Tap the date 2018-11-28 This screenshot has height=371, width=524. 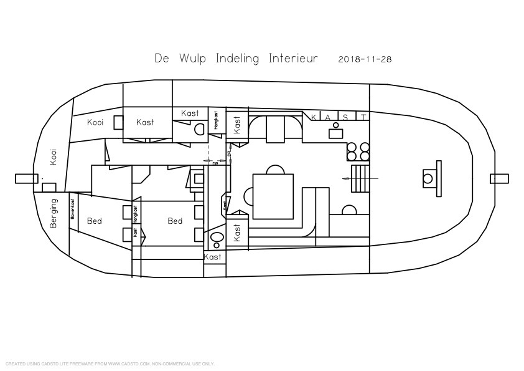click(365, 59)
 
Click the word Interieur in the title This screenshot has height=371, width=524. click(293, 59)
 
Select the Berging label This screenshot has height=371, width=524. click(54, 213)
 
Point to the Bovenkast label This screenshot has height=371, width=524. click(73, 209)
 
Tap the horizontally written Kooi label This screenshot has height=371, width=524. click(95, 122)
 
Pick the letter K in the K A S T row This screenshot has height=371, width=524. click(314, 117)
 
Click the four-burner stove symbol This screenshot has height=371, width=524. click(357, 152)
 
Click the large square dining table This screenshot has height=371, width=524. click(273, 196)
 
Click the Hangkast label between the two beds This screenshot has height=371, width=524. click(135, 211)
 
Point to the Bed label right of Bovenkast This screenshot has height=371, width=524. click(95, 221)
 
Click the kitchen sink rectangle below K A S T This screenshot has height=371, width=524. click(336, 133)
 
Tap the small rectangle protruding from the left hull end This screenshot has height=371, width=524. click(23, 179)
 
